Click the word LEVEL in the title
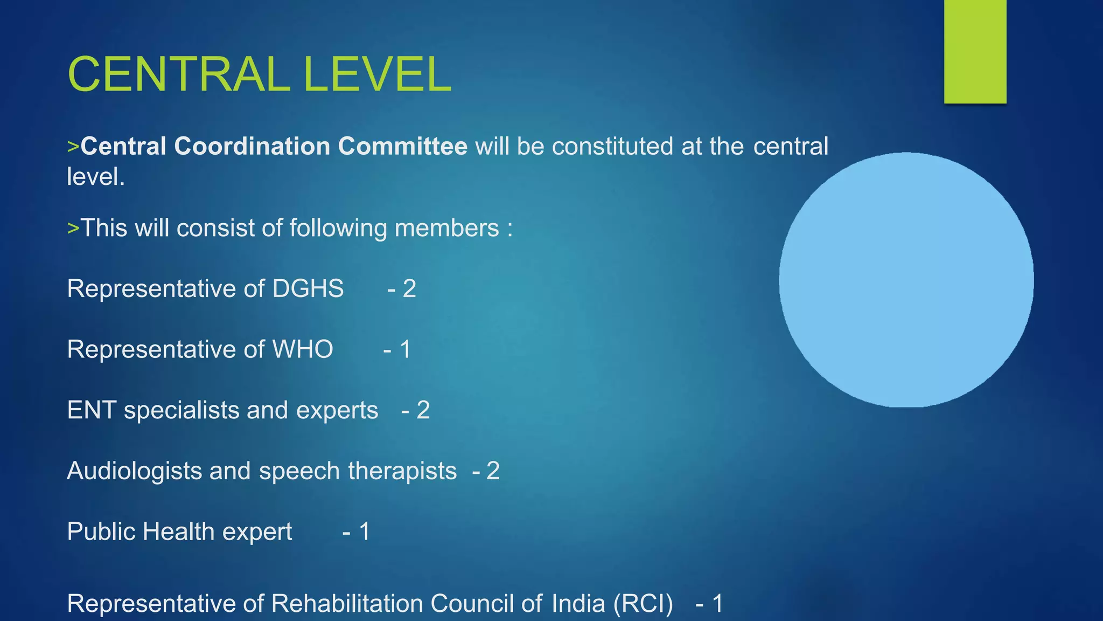click(377, 74)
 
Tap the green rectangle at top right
click(975, 51)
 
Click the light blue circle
click(906, 280)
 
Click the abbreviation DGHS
click(308, 289)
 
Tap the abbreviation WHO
click(302, 349)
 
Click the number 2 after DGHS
click(409, 289)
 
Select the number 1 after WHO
click(405, 349)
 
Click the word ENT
click(92, 410)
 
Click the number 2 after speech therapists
click(493, 471)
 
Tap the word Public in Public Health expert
click(101, 532)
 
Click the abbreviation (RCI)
click(643, 604)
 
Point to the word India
click(578, 604)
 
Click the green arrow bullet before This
click(73, 228)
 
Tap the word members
click(446, 228)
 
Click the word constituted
click(612, 147)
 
